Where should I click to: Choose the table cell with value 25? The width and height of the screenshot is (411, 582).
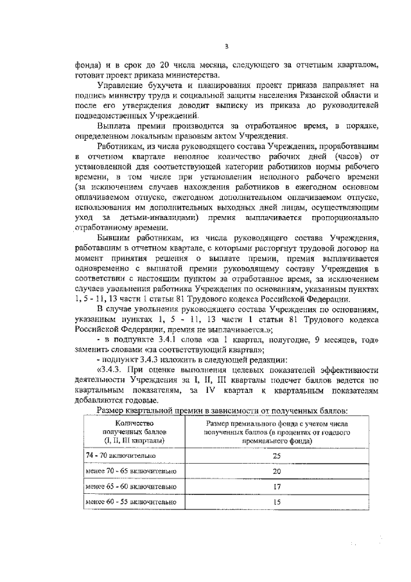[277, 455]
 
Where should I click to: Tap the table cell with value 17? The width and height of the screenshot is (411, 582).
[277, 486]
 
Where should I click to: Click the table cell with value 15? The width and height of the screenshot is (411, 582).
[277, 502]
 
